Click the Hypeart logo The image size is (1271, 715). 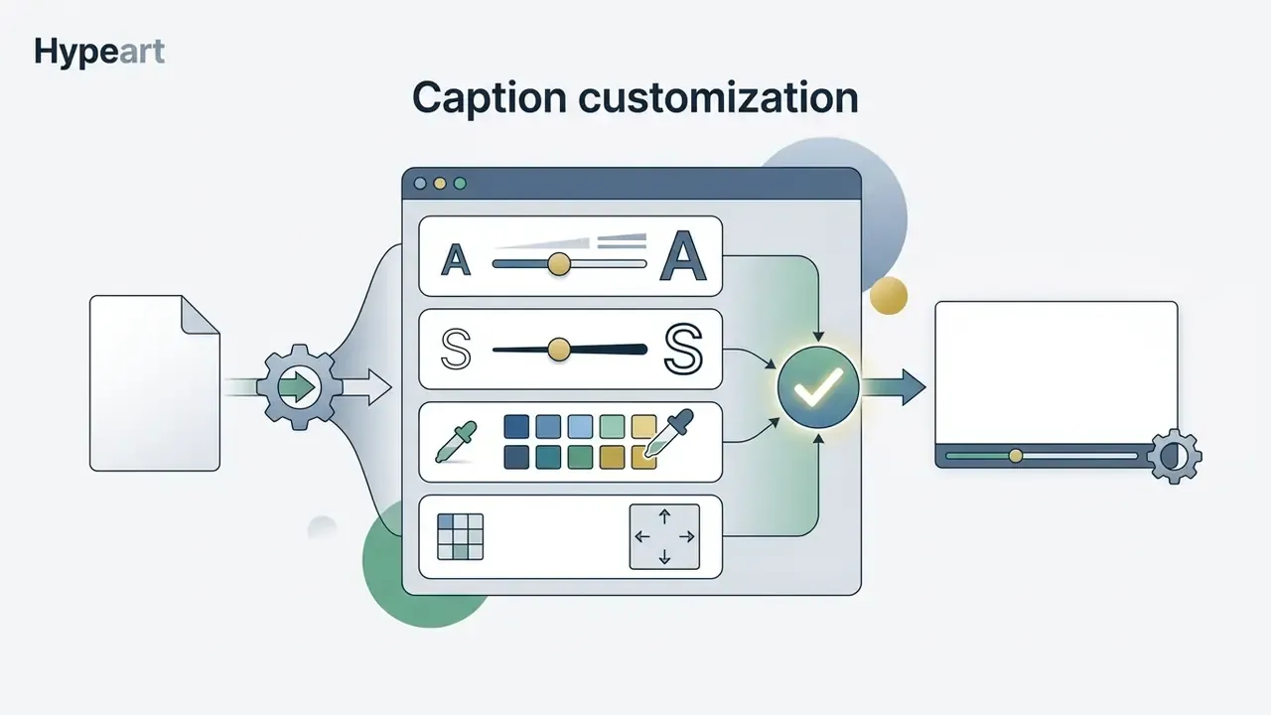click(x=99, y=53)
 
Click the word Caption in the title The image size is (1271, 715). click(x=490, y=98)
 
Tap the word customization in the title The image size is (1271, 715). click(x=718, y=97)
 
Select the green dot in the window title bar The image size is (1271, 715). click(x=460, y=184)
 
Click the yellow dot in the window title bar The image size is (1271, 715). click(x=440, y=184)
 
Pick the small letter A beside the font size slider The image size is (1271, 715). click(x=456, y=260)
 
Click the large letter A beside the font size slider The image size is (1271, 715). click(x=683, y=256)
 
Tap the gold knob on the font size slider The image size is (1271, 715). click(x=559, y=264)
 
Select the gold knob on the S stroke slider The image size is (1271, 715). click(x=559, y=350)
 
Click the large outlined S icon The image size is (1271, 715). click(x=683, y=349)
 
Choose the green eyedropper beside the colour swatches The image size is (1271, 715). click(x=456, y=442)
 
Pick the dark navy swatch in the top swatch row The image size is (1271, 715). click(x=516, y=427)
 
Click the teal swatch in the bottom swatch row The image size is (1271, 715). click(x=548, y=458)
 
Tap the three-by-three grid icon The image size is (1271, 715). click(x=460, y=537)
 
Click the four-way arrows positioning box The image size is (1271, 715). click(x=664, y=537)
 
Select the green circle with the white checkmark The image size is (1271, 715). click(x=818, y=387)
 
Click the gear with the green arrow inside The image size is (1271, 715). click(x=300, y=387)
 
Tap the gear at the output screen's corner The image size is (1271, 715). click(x=1174, y=457)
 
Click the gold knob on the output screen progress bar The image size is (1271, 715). click(x=1016, y=456)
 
